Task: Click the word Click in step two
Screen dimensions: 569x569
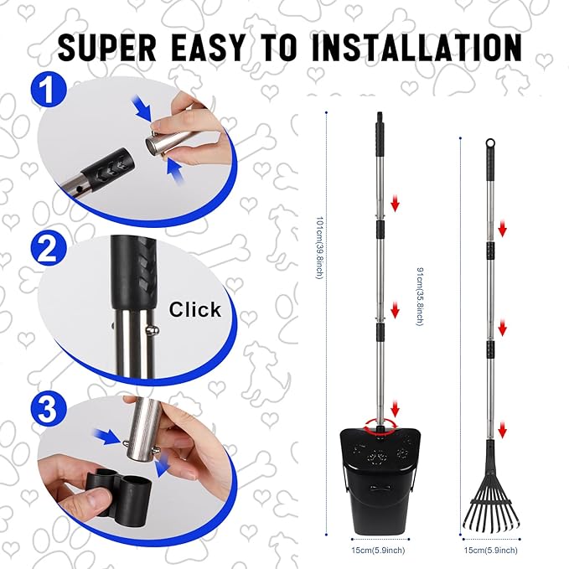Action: coord(195,309)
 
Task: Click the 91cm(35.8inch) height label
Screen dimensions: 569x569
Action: coord(418,296)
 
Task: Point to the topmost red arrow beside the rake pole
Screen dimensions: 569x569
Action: coord(504,229)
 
